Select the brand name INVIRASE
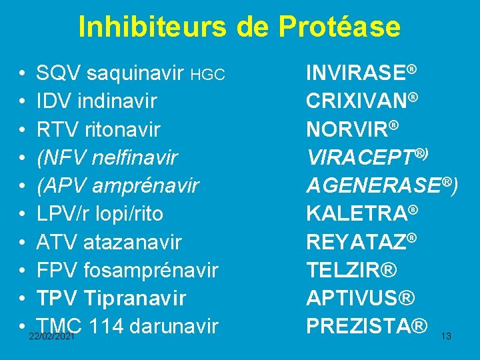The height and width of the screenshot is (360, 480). coord(356,73)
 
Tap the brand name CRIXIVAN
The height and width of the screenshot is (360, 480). coord(357,101)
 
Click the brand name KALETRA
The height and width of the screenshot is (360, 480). coord(356,214)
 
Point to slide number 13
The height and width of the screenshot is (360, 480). coord(446,337)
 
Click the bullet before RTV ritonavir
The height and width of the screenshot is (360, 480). coord(23,129)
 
